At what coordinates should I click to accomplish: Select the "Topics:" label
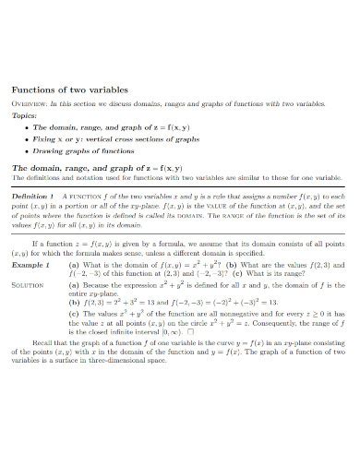[26, 118]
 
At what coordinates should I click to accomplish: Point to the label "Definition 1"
[32, 197]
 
